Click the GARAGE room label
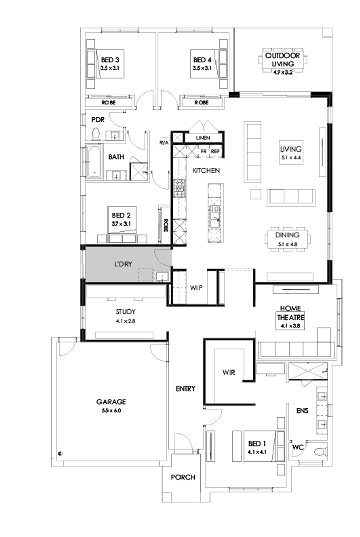[x=111, y=402]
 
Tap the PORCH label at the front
[x=183, y=477]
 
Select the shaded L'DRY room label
[x=123, y=264]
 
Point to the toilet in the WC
[x=322, y=452]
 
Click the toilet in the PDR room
[x=94, y=135]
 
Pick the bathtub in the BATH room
[x=94, y=163]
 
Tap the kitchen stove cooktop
[x=181, y=188]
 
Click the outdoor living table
[x=283, y=60]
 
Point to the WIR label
[x=229, y=372]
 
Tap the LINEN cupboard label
[x=204, y=138]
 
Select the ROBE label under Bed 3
[x=109, y=103]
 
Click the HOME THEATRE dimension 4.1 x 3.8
[x=290, y=325]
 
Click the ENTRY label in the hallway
[x=185, y=388]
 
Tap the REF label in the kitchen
[x=215, y=152]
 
